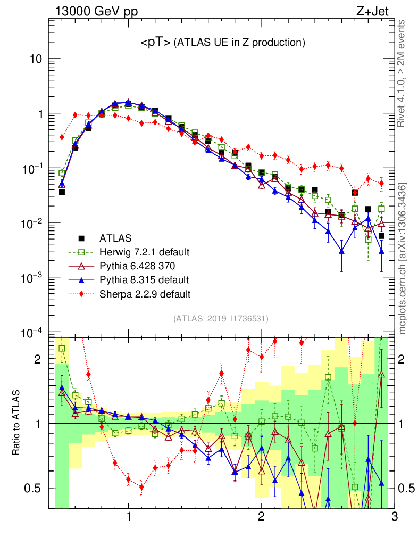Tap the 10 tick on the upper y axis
36,59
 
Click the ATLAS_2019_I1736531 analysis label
221,319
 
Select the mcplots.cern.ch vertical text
403,258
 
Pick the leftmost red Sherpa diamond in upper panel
62,137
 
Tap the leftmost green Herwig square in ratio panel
62,349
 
